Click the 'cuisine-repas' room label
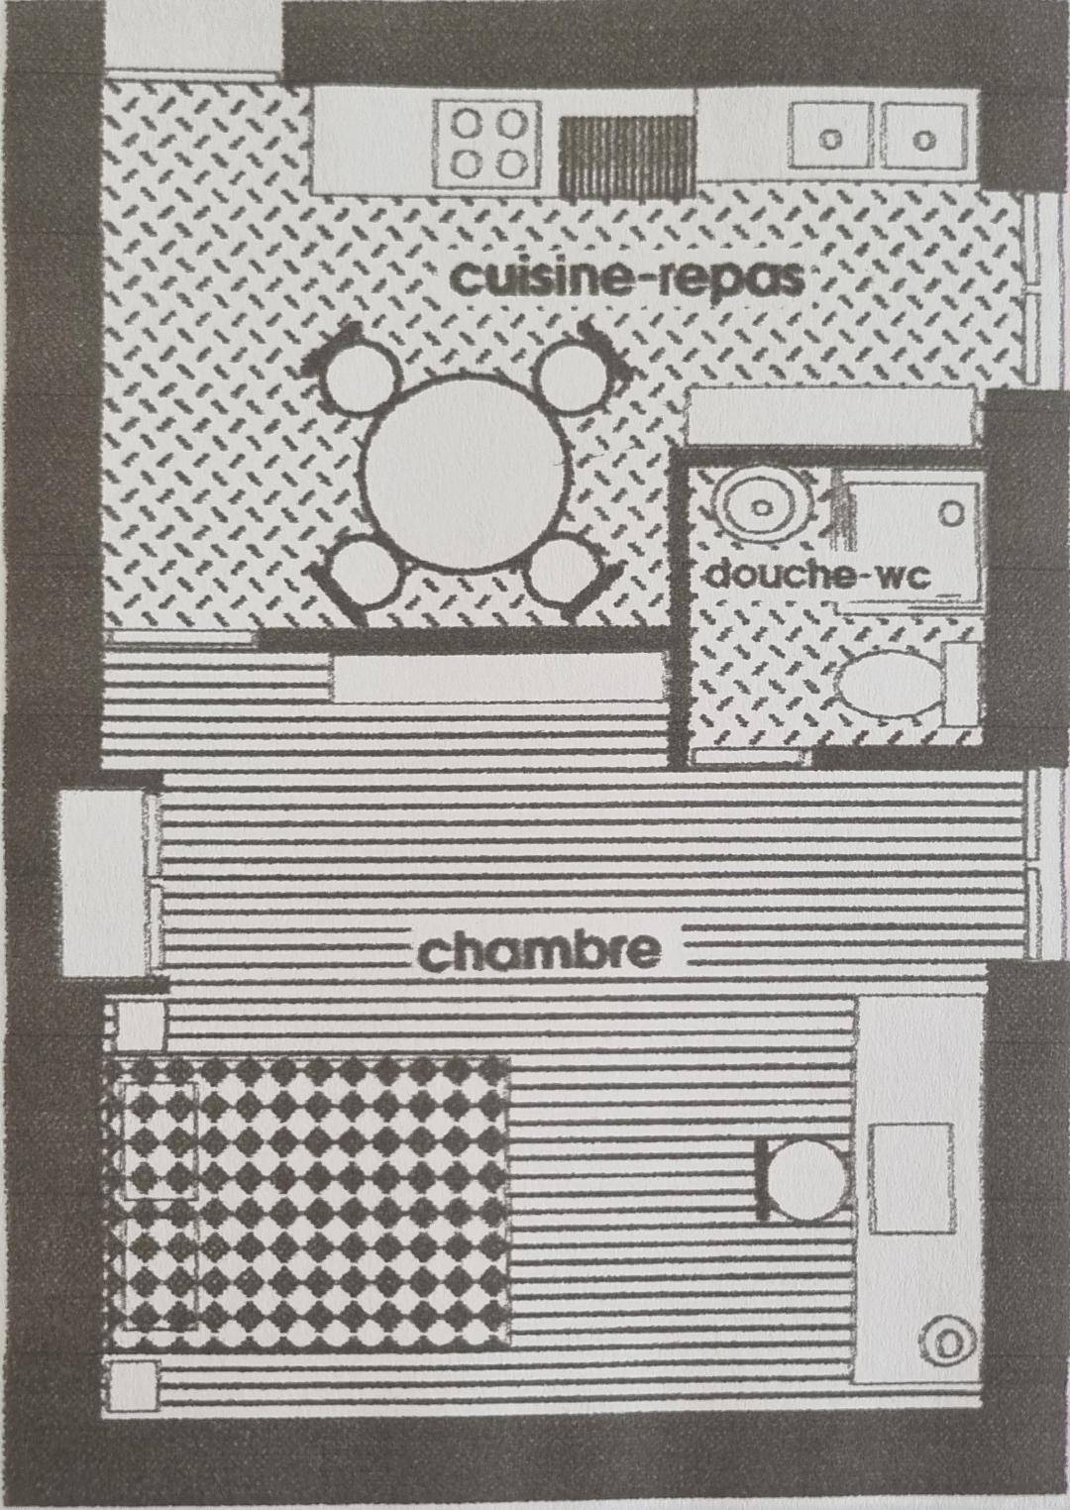pyautogui.click(x=628, y=277)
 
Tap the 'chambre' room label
pyautogui.click(x=539, y=952)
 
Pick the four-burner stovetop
pyautogui.click(x=487, y=142)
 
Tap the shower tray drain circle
pyautogui.click(x=951, y=514)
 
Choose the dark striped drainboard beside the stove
pyautogui.click(x=628, y=153)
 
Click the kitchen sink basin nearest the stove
pyautogui.click(x=830, y=136)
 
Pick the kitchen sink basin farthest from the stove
pyautogui.click(x=923, y=136)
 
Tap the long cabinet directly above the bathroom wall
pyautogui.click(x=832, y=416)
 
